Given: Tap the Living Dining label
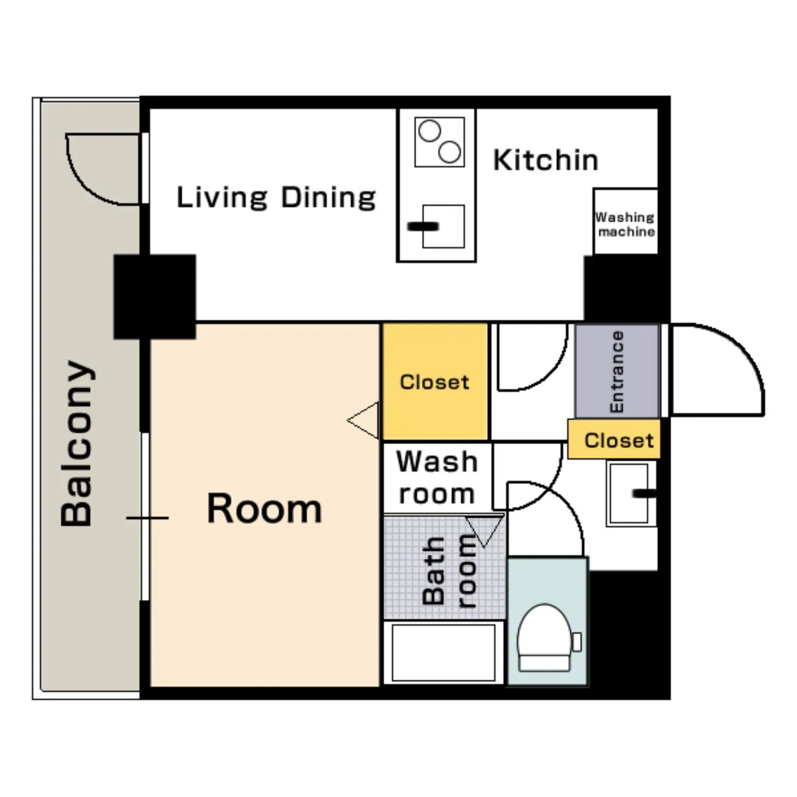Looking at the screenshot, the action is coord(276,198).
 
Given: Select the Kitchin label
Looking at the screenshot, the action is coord(546,160).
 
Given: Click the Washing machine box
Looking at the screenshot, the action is coord(625,221).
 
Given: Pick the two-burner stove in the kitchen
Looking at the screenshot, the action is coord(439,142).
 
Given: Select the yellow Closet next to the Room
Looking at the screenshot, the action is coord(435,382).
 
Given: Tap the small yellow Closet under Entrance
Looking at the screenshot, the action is coord(614,439).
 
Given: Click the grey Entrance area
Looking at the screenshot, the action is coord(617,371).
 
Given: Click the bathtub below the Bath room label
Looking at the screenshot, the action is coord(444,652).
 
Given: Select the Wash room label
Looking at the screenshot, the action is coord(437,477).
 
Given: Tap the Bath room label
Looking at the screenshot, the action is coord(449,570).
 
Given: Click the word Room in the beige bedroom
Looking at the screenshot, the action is coord(264,508).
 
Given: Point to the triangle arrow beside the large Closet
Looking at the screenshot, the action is coord(363,420).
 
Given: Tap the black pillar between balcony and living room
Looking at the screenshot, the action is coord(155,296).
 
